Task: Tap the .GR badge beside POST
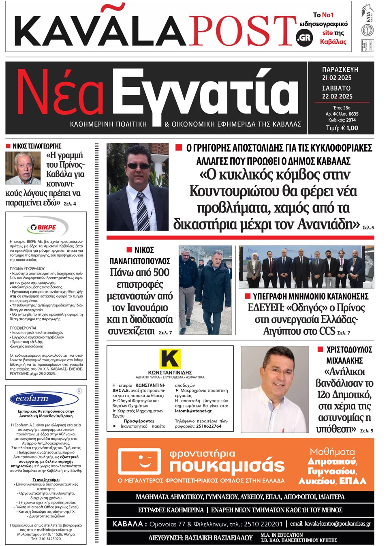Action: (304, 38)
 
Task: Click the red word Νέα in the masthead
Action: (61, 93)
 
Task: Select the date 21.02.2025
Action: (337, 78)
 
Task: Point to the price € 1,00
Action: (349, 128)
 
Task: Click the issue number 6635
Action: (353, 114)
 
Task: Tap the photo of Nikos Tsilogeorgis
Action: (23, 168)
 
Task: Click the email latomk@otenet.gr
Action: (193, 411)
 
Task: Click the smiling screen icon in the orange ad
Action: (139, 462)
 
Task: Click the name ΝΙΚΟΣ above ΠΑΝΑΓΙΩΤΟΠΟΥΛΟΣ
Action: (144, 250)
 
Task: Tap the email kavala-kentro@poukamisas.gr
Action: (337, 524)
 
